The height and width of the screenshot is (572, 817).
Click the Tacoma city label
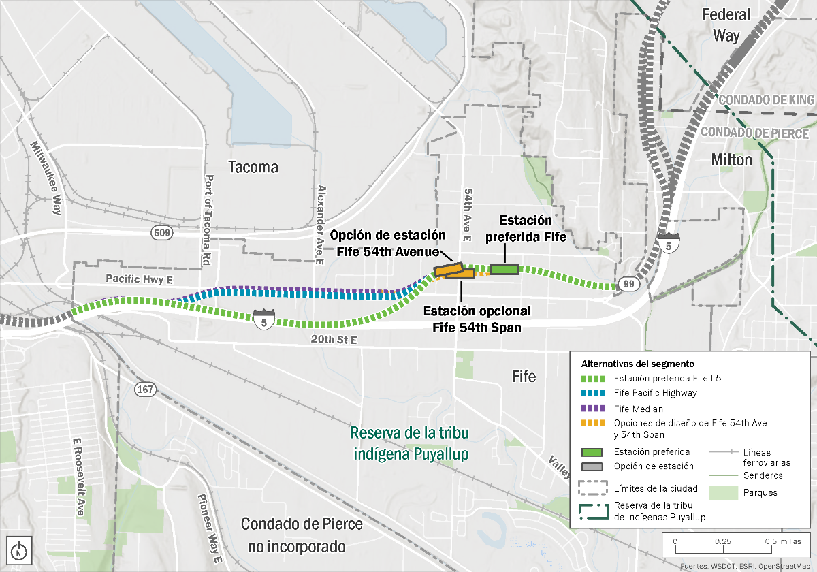tap(253, 168)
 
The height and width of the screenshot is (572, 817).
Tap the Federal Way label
tap(726, 25)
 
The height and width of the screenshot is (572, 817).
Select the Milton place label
tap(732, 160)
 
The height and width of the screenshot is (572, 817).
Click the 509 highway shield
tap(163, 233)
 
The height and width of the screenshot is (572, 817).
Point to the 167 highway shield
tap(146, 390)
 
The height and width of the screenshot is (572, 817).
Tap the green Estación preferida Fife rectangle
tap(504, 270)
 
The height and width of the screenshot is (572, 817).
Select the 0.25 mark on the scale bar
tap(722, 541)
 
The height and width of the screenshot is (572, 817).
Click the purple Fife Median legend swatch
tap(592, 409)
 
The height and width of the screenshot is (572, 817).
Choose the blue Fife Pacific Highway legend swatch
tap(592, 393)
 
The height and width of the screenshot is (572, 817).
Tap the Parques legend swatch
tap(723, 492)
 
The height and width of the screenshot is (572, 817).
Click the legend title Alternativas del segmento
tap(637, 364)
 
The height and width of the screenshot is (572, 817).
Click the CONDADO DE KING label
tap(767, 100)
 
